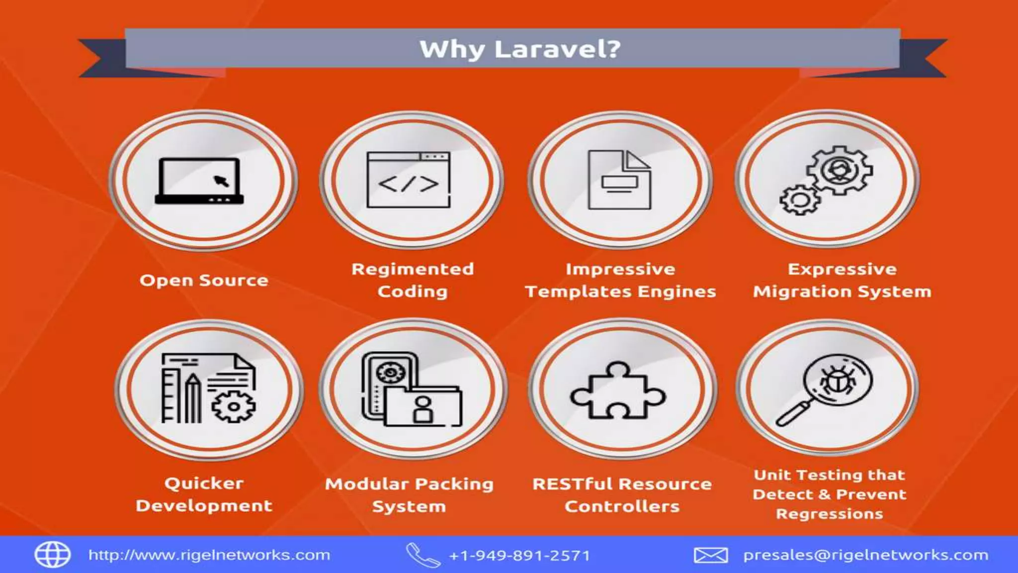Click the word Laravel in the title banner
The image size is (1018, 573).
click(557, 49)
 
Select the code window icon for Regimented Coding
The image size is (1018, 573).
click(409, 180)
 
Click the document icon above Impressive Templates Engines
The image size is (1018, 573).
click(619, 180)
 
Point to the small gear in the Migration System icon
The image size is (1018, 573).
click(800, 200)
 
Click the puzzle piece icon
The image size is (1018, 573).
click(617, 390)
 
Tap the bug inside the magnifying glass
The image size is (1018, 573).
click(838, 382)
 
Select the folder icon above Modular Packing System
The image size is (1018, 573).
click(423, 406)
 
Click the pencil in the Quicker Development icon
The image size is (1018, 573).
click(193, 398)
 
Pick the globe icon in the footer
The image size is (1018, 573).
click(52, 555)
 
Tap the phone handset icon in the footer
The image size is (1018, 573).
click(423, 555)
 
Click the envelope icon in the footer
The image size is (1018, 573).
click(711, 555)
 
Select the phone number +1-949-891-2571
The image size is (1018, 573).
click(519, 556)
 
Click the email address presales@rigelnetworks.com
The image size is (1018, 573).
click(865, 555)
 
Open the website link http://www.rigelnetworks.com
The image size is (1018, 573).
click(209, 555)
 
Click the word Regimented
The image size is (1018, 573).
click(413, 269)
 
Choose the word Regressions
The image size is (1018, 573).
click(830, 514)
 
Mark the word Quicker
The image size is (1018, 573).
click(204, 483)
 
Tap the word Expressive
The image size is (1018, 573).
click(842, 269)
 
